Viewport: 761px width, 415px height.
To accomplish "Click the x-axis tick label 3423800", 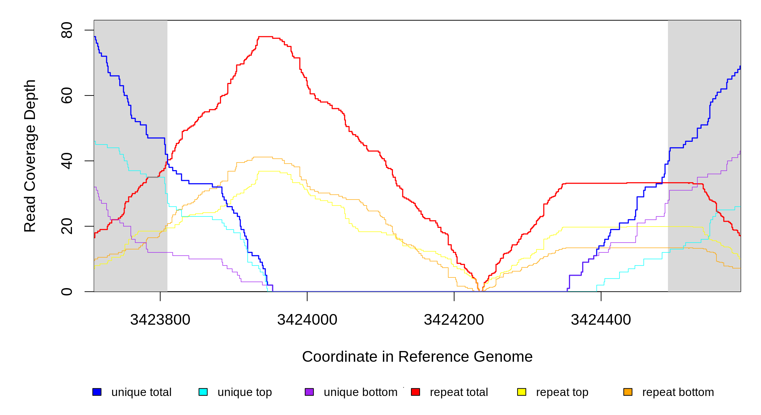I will click(160, 320).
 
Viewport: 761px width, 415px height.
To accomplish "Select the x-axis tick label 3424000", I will click(307, 320).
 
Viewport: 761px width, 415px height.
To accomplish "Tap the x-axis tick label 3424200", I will click(454, 320).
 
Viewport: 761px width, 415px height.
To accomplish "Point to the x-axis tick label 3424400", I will click(601, 320).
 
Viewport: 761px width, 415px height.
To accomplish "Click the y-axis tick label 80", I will click(67, 30).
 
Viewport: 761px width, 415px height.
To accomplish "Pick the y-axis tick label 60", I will click(67, 95).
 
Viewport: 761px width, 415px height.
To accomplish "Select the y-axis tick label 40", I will click(67, 161).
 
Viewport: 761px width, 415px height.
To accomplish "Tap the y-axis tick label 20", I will click(67, 226).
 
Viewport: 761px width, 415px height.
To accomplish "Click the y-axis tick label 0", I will click(67, 292).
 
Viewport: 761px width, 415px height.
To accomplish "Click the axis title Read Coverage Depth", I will click(30, 156).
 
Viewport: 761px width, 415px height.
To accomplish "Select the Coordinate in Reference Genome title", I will click(417, 357).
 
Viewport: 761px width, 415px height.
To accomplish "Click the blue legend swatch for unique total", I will click(97, 392).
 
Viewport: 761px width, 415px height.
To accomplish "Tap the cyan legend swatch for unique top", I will click(203, 392).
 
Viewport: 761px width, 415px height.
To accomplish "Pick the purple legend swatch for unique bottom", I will click(309, 392).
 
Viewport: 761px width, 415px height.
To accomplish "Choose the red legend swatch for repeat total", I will click(415, 392).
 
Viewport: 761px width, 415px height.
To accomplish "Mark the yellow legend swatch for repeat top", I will click(522, 392).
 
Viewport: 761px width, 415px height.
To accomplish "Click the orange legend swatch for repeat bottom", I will click(628, 392).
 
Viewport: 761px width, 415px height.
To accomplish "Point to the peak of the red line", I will click(265, 37).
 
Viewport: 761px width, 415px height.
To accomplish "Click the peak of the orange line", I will click(263, 157).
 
